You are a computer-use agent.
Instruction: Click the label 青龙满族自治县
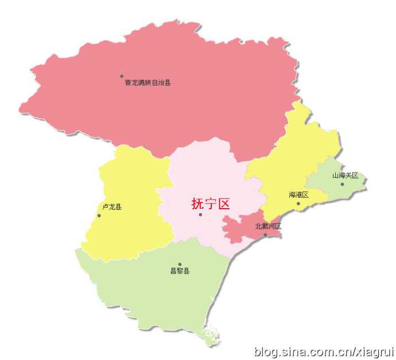tap(147, 83)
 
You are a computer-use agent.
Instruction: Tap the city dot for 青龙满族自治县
tap(122, 76)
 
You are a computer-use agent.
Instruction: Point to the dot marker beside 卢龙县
tap(99, 216)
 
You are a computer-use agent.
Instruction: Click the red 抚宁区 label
tap(211, 204)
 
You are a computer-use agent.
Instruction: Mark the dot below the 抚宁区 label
tap(200, 214)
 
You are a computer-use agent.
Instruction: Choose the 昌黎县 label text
tap(180, 271)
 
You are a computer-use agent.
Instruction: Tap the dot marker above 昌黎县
tap(180, 264)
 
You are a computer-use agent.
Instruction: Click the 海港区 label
tap(298, 195)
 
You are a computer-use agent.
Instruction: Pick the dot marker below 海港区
tap(298, 204)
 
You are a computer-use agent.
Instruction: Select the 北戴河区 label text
tap(268, 226)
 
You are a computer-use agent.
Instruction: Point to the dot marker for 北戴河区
tap(265, 234)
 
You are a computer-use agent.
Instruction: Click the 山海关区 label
tap(345, 175)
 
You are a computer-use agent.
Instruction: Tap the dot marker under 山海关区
tap(342, 184)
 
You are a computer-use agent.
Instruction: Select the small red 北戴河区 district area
tap(244, 226)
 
